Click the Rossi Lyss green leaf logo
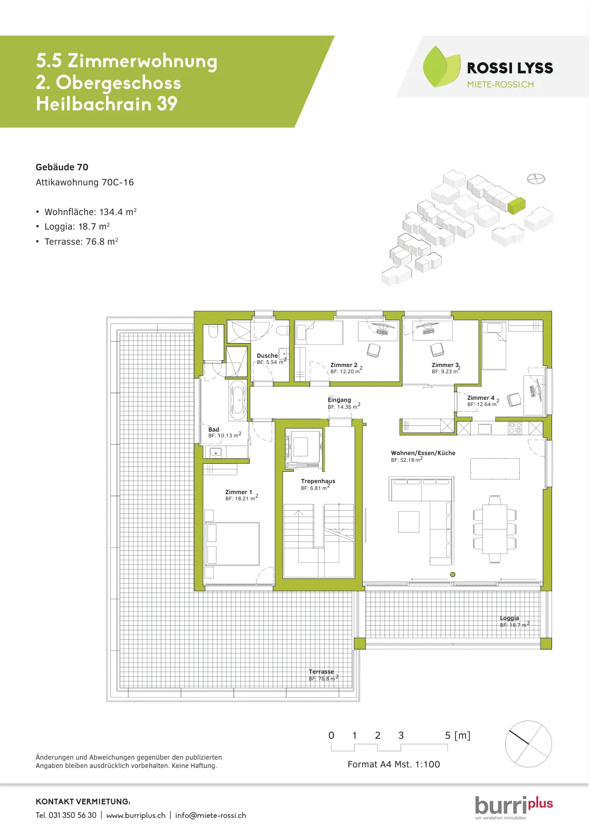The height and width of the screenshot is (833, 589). (x=441, y=67)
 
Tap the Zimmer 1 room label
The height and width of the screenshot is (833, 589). (x=239, y=492)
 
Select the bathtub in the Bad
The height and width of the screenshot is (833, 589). (x=238, y=400)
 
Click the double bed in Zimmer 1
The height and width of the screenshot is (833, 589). (x=232, y=544)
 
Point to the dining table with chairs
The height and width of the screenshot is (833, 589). (x=495, y=528)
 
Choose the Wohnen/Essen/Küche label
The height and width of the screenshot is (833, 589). (x=423, y=453)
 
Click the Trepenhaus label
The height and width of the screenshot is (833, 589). (x=318, y=481)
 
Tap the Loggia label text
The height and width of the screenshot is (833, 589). (x=509, y=618)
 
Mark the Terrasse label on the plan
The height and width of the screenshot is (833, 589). (x=321, y=672)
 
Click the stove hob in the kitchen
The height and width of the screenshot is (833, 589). (x=515, y=428)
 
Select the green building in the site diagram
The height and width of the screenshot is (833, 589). (x=517, y=206)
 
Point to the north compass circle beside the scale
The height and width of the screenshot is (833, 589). (x=529, y=744)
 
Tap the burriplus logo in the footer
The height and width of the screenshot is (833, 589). (x=514, y=805)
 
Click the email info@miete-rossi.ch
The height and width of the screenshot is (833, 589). (x=210, y=815)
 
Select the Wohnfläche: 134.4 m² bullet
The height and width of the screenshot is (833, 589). (x=91, y=212)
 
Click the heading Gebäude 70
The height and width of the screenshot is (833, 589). (x=62, y=167)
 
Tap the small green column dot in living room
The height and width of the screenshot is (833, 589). (x=453, y=575)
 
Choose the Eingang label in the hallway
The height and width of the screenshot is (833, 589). (x=339, y=400)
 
